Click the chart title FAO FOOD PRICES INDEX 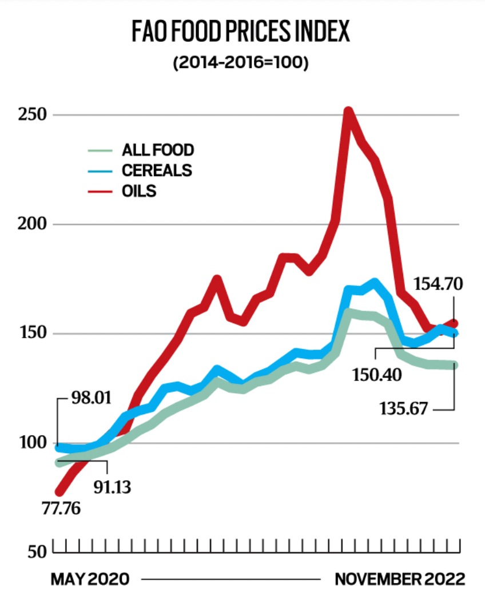tap(240, 33)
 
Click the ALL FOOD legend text tap(158, 150)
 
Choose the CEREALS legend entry tap(157, 170)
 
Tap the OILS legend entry tap(139, 191)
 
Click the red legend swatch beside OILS tap(100, 191)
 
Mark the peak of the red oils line tap(348, 111)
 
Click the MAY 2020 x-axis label tap(90, 580)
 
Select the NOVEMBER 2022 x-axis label tap(400, 580)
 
